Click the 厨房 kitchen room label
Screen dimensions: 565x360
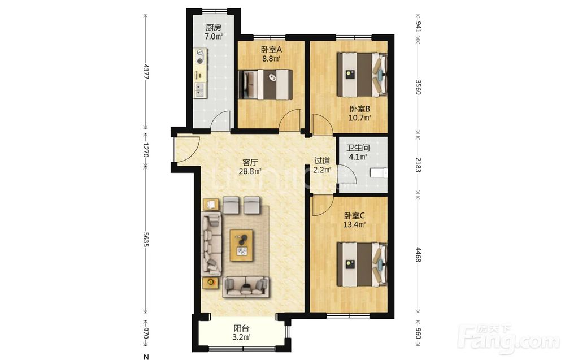[214, 27]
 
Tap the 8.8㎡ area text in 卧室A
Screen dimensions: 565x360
[271, 58]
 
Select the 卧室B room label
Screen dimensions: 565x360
[359, 109]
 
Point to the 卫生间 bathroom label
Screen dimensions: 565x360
[358, 148]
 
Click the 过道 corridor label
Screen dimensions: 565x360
[322, 161]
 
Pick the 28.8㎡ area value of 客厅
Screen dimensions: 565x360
[250, 171]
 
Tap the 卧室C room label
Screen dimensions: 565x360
[355, 216]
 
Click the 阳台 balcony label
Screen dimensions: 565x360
[241, 328]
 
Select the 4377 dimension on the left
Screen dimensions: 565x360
[146, 71]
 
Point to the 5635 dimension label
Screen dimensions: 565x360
[146, 239]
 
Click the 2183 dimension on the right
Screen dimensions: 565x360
[418, 164]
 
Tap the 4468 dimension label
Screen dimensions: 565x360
[418, 254]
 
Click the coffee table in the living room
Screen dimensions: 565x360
[241, 245]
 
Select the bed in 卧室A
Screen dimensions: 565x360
[266, 84]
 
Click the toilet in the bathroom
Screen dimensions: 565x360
[379, 174]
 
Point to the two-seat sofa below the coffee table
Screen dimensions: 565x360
[246, 287]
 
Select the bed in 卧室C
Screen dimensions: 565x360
[363, 264]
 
